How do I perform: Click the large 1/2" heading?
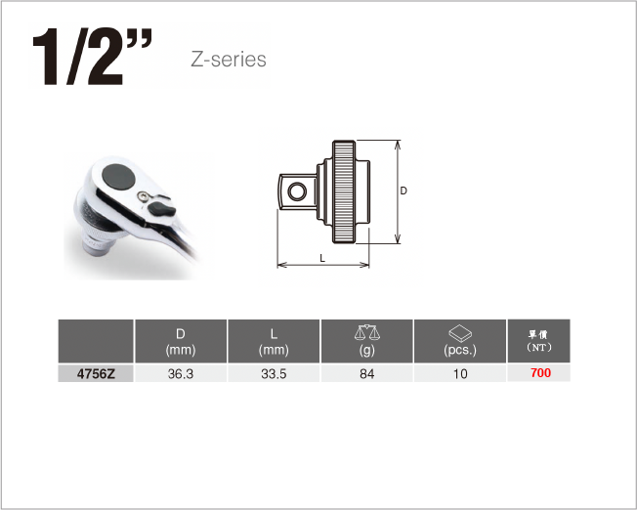92,56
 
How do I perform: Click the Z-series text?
229,60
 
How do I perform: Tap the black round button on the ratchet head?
118,177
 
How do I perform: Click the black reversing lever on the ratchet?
161,209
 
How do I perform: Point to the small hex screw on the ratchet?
143,196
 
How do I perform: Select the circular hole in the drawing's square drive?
297,191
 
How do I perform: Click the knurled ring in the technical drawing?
344,191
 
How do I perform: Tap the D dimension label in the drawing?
403,191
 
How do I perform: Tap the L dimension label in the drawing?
322,258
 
